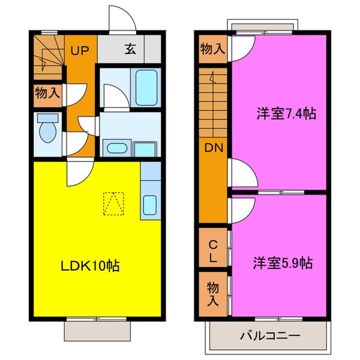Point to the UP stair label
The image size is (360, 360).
click(x=80, y=50)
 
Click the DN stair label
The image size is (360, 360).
click(x=213, y=148)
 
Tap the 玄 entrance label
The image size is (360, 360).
click(x=130, y=50)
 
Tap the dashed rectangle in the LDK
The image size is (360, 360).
click(x=113, y=203)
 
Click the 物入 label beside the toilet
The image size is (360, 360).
click(x=47, y=94)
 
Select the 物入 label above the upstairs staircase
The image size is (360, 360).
click(x=213, y=50)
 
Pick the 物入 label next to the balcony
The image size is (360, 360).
click(x=213, y=292)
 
